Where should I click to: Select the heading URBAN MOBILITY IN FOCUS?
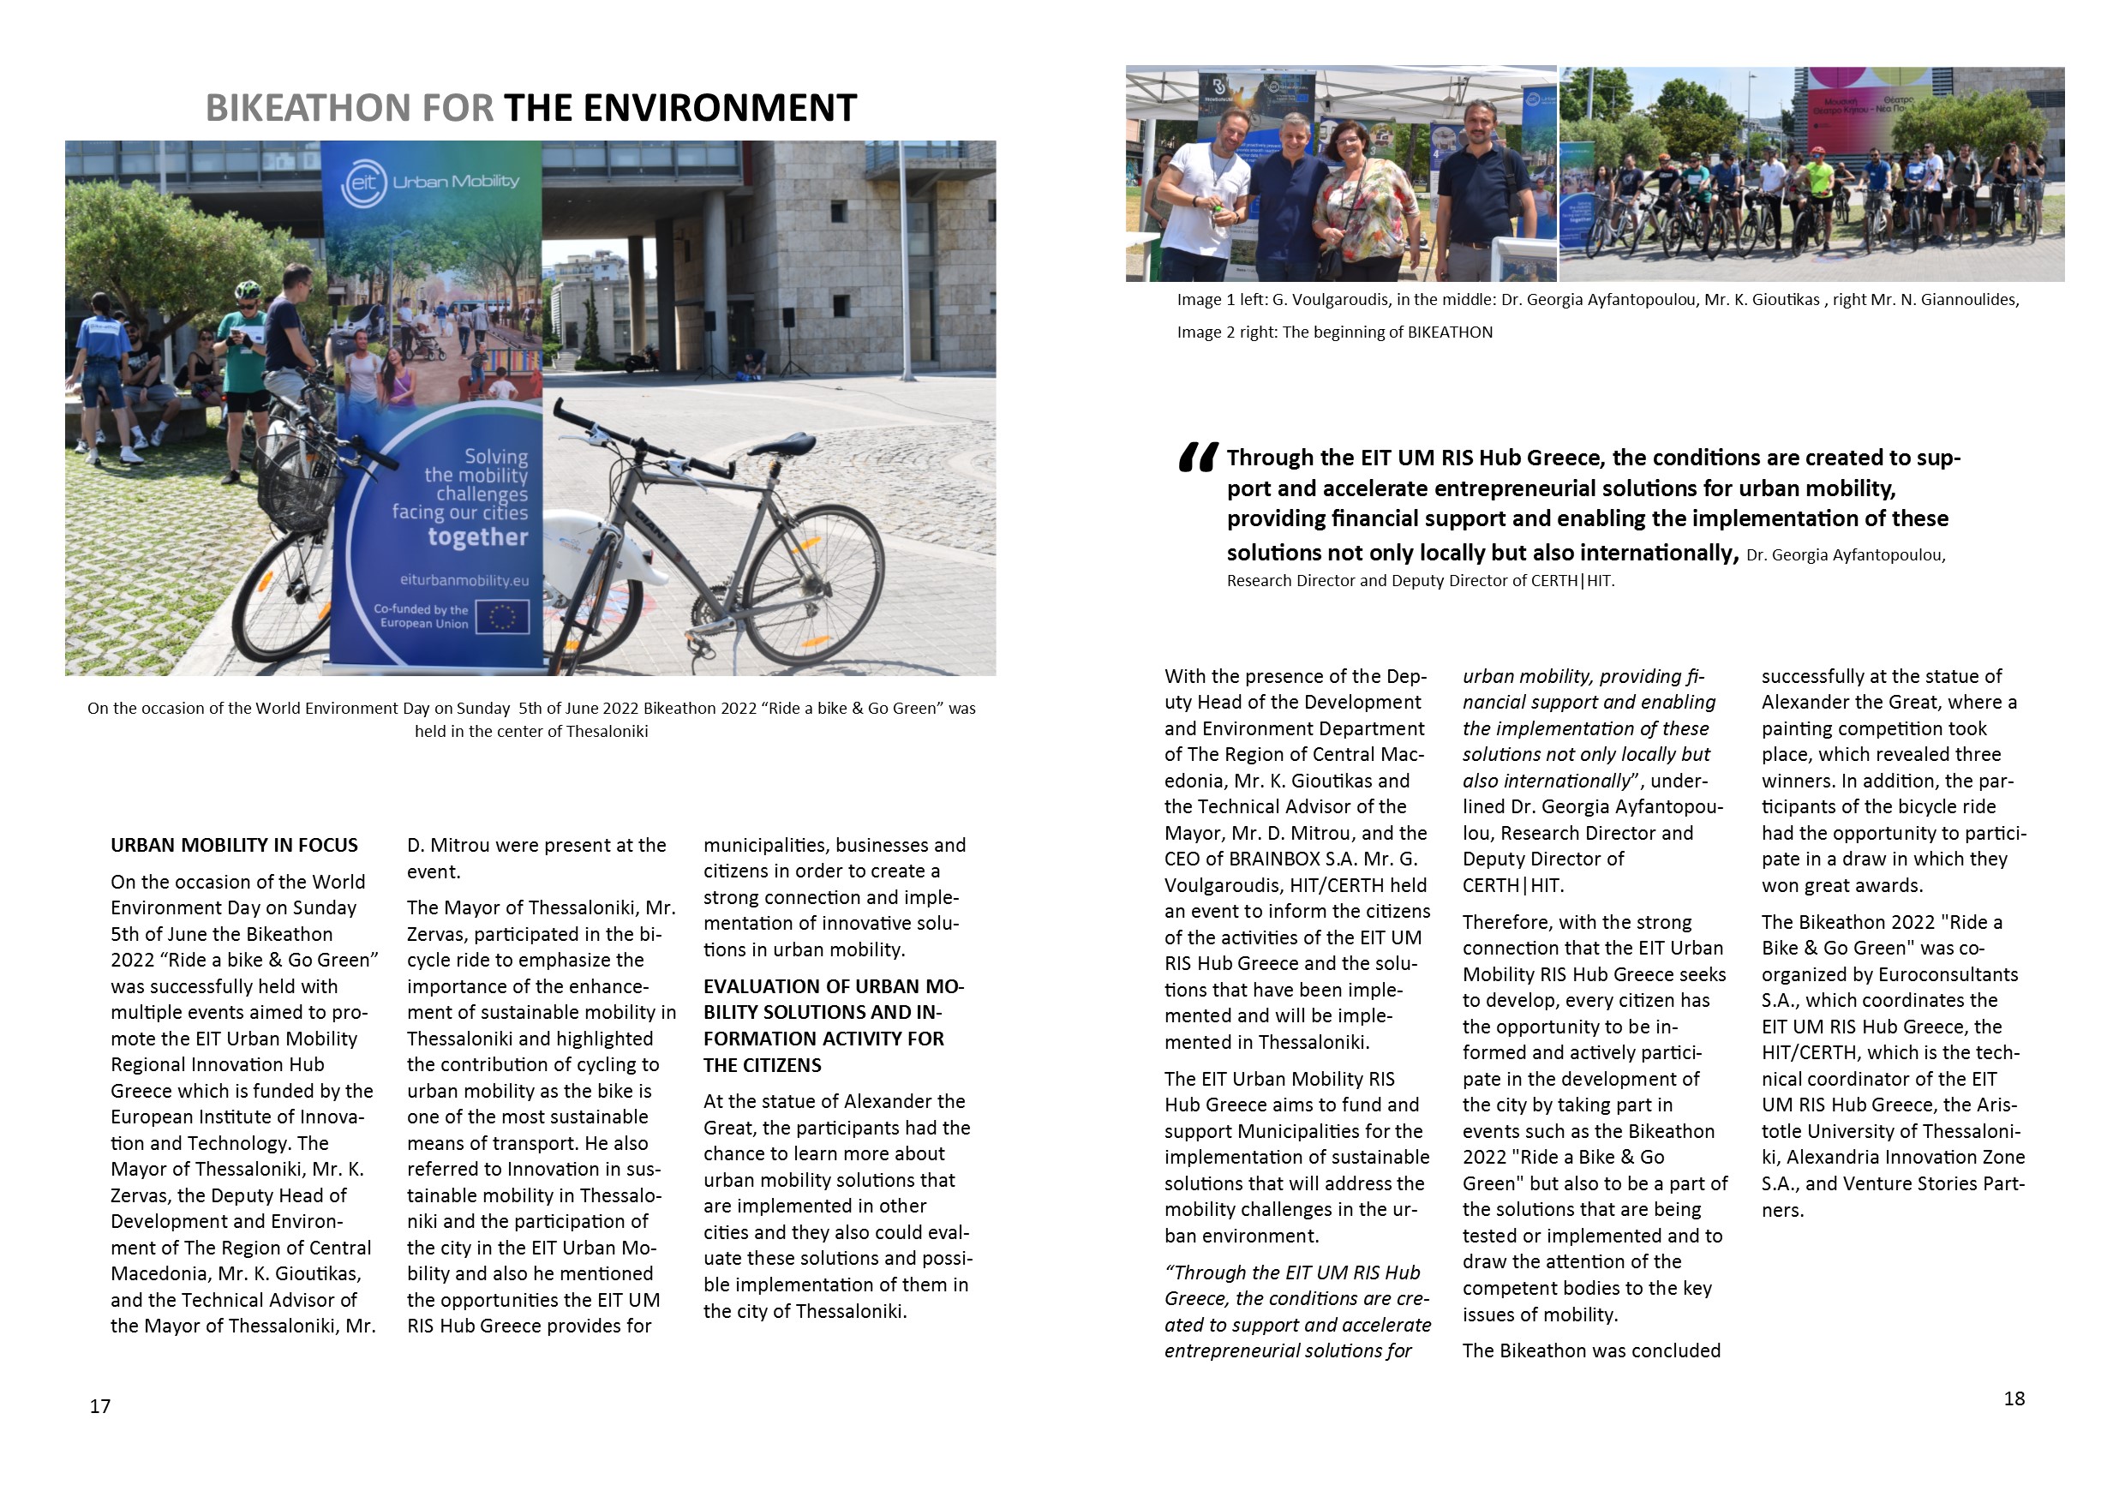point(234,845)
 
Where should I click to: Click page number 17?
point(100,1407)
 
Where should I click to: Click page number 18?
point(2014,1398)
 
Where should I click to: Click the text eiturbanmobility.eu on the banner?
point(464,580)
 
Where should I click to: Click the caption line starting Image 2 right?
point(1335,332)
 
